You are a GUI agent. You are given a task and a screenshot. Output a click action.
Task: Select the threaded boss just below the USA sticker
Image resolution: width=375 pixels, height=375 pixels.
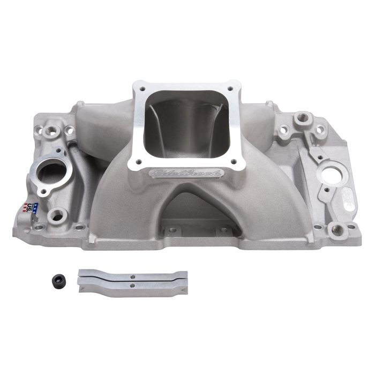tap(55, 215)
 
